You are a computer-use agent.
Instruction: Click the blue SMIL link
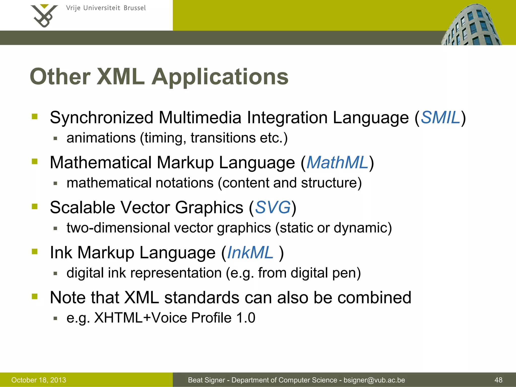440,118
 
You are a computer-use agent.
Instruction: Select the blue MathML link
337,163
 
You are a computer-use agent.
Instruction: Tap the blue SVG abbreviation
273,208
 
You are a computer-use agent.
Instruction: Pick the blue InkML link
250,252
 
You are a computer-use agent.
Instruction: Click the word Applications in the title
220,77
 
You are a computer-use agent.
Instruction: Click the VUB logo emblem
44,16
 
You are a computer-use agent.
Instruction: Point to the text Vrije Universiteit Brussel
106,8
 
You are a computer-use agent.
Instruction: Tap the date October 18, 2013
39,380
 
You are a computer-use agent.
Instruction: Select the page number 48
498,380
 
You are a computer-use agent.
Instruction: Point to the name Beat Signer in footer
206,380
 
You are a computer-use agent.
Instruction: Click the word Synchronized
102,118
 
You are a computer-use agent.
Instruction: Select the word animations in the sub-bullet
101,138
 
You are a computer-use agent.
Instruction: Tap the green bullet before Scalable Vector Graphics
35,207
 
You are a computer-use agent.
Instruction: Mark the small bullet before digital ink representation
56,273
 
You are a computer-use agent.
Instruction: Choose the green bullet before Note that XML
35,297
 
